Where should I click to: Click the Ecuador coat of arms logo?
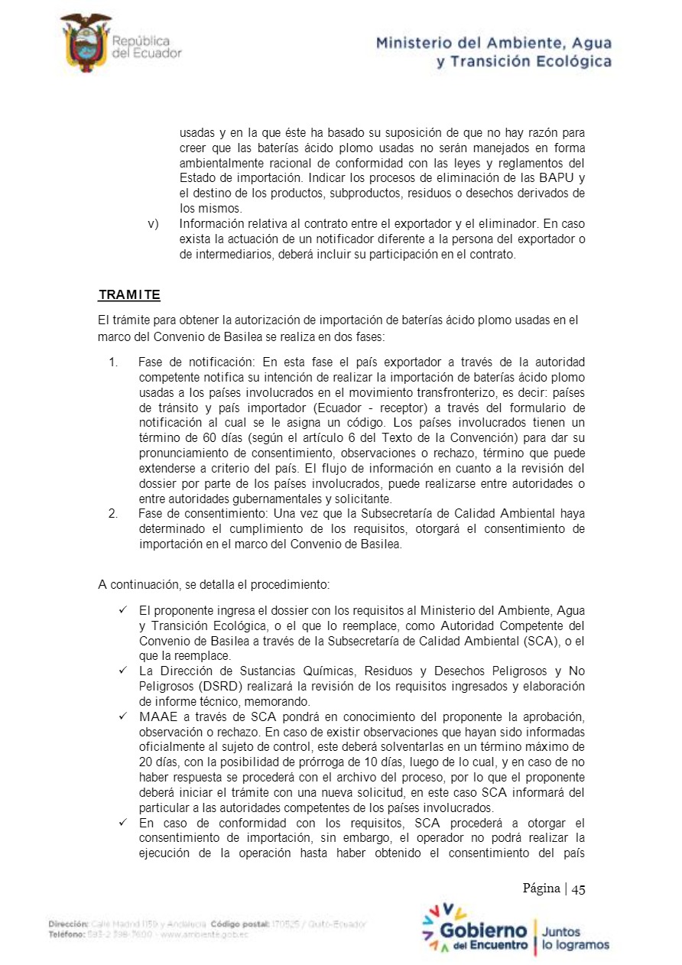(85, 44)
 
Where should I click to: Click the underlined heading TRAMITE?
(129, 294)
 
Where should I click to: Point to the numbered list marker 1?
(113, 361)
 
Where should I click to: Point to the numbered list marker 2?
(113, 513)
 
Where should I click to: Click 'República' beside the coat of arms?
(141, 41)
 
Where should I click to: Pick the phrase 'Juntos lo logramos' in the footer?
(575, 938)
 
